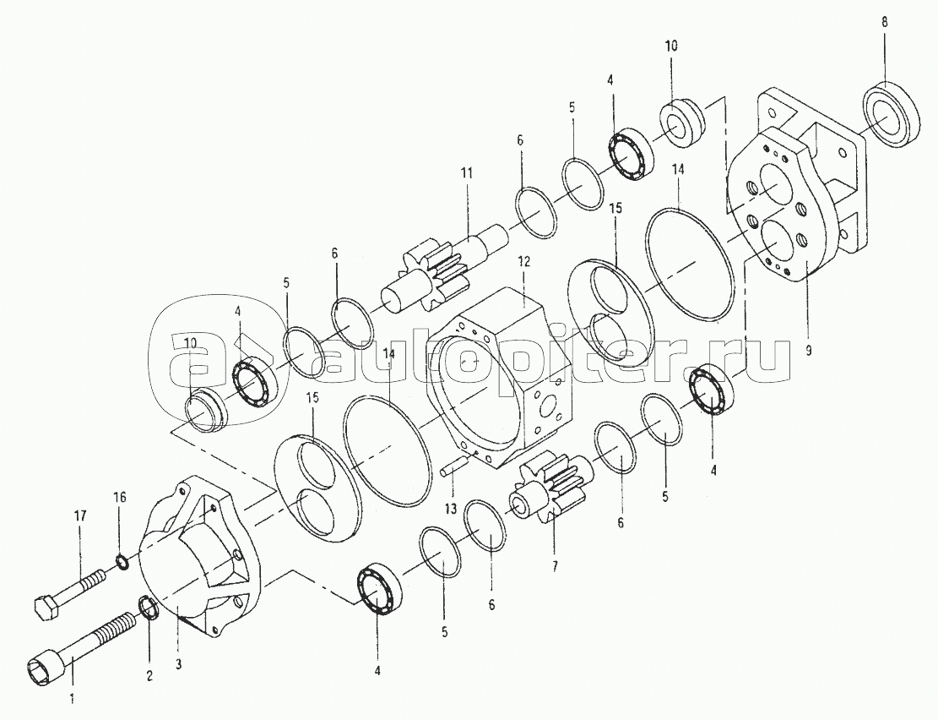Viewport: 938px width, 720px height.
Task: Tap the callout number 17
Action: click(x=80, y=515)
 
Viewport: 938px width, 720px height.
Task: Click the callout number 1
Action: click(x=72, y=698)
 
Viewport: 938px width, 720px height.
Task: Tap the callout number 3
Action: click(x=177, y=663)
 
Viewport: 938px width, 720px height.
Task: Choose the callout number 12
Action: click(x=524, y=261)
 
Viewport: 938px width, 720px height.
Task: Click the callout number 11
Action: click(x=467, y=174)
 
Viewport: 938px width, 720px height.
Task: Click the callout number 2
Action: click(x=149, y=676)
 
